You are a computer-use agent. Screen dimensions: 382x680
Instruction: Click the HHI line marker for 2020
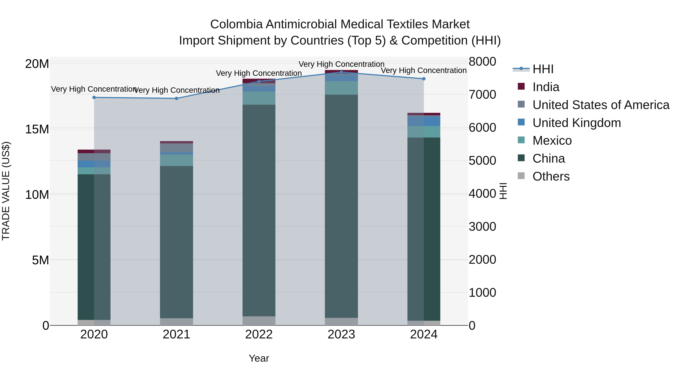(94, 98)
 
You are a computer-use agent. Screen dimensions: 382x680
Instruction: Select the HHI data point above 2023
(341, 72)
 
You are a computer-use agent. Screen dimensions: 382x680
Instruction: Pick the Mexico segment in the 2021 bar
(176, 160)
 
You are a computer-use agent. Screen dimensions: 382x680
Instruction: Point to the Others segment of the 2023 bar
(341, 321)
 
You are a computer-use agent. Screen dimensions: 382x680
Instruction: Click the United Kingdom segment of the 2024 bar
(424, 121)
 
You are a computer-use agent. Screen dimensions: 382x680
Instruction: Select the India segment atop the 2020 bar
(94, 151)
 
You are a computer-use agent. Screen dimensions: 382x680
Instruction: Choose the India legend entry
(546, 87)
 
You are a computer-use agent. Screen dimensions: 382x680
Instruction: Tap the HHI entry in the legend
(543, 69)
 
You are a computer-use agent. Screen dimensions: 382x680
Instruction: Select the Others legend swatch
(521, 176)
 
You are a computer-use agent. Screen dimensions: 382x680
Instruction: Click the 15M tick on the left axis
(37, 129)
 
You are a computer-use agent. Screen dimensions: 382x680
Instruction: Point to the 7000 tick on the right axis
(482, 95)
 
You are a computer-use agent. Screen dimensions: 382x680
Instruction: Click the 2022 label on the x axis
(259, 334)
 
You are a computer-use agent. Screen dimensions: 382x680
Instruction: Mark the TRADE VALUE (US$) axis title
(6, 191)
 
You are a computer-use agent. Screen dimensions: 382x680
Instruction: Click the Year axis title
(259, 358)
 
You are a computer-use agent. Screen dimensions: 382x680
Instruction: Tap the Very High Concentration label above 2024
(423, 70)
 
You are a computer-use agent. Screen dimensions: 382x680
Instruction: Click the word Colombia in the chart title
(236, 24)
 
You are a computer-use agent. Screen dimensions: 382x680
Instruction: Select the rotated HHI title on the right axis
(503, 191)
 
